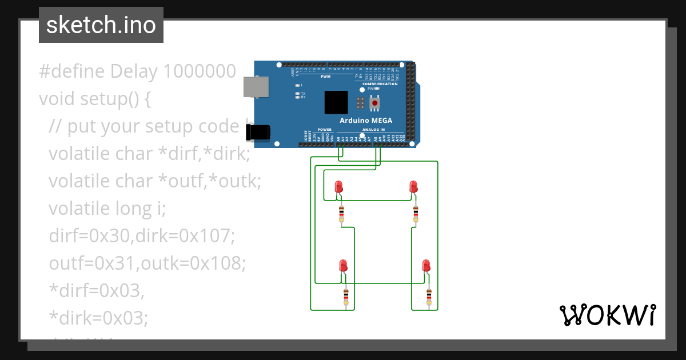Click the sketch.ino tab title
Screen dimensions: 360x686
click(101, 25)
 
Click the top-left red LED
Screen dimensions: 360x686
click(338, 187)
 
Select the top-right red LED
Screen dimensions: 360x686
click(413, 187)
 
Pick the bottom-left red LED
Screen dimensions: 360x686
click(343, 266)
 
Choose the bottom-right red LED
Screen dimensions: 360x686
click(426, 266)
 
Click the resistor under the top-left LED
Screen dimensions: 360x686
click(341, 214)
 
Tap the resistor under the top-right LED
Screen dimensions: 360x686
click(416, 214)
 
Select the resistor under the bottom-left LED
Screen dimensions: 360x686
click(346, 296)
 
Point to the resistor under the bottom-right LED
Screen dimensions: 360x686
click(429, 296)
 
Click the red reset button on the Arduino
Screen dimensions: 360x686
click(375, 103)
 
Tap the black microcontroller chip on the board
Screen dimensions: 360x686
click(336, 102)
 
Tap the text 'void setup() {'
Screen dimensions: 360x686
click(95, 99)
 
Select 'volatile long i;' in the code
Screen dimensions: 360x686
click(107, 209)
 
